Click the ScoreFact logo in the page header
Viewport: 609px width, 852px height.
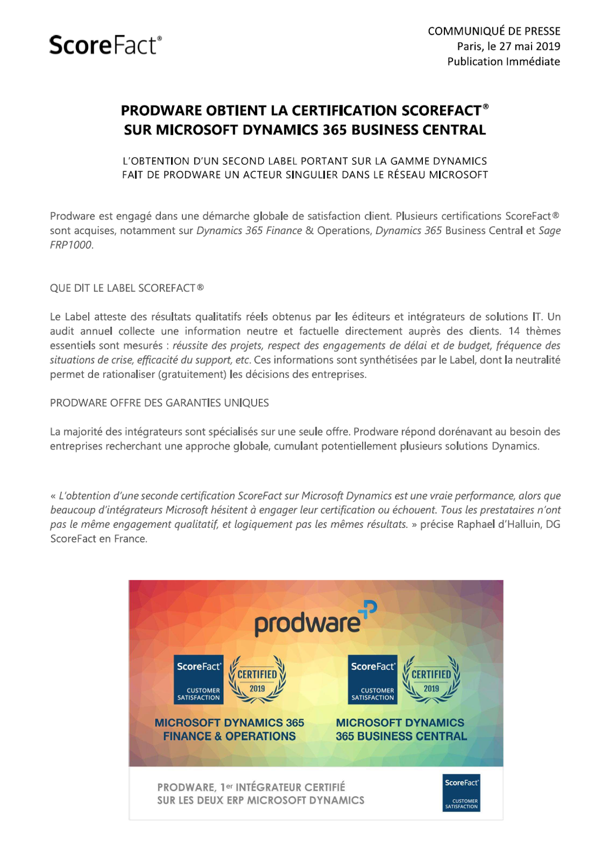coord(105,45)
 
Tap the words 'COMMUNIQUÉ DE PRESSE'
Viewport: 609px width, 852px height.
coord(494,31)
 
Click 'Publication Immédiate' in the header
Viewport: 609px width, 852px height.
coord(503,62)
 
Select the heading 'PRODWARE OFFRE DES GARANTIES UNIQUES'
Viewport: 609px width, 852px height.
coord(159,403)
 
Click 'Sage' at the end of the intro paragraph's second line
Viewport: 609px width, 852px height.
coord(549,231)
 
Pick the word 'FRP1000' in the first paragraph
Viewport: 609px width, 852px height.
coord(71,245)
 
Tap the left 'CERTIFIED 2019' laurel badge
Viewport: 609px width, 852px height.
coord(257,680)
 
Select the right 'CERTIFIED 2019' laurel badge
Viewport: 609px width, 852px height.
coord(431,680)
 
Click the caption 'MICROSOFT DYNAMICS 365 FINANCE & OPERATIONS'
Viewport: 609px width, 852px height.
coord(230,730)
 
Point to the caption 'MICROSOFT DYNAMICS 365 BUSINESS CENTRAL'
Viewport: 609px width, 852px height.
coord(401,730)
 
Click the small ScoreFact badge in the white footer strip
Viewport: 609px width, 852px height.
coord(461,793)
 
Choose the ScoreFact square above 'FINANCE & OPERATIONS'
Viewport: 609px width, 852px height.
coord(199,680)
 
